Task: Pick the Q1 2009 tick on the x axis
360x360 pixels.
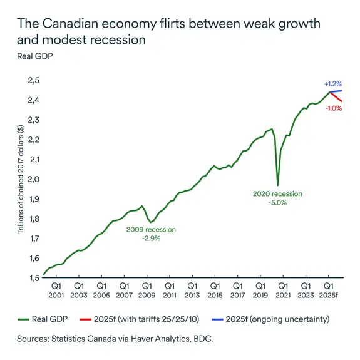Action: point(146,290)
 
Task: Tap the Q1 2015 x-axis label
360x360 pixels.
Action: point(214,290)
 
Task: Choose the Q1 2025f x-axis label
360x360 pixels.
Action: point(329,290)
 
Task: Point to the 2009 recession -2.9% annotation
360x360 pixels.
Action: point(151,234)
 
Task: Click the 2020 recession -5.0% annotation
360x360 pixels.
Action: point(277,198)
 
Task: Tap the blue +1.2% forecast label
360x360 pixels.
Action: point(332,83)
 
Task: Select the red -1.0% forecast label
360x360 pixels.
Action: point(333,108)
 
